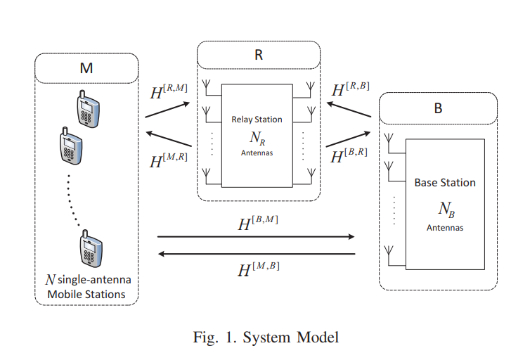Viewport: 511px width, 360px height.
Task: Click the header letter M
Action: coord(86,69)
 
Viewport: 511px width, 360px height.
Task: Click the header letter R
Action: coord(259,56)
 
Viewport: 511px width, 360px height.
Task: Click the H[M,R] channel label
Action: coord(169,160)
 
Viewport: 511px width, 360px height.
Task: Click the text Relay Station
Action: coord(257,120)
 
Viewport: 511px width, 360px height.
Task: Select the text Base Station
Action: coord(444,183)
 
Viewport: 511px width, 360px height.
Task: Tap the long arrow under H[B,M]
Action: coord(257,238)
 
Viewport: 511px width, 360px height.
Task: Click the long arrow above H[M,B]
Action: coord(257,253)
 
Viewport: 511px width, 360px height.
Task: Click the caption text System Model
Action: coord(291,337)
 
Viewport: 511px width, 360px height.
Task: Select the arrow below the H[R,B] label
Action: coord(349,107)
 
